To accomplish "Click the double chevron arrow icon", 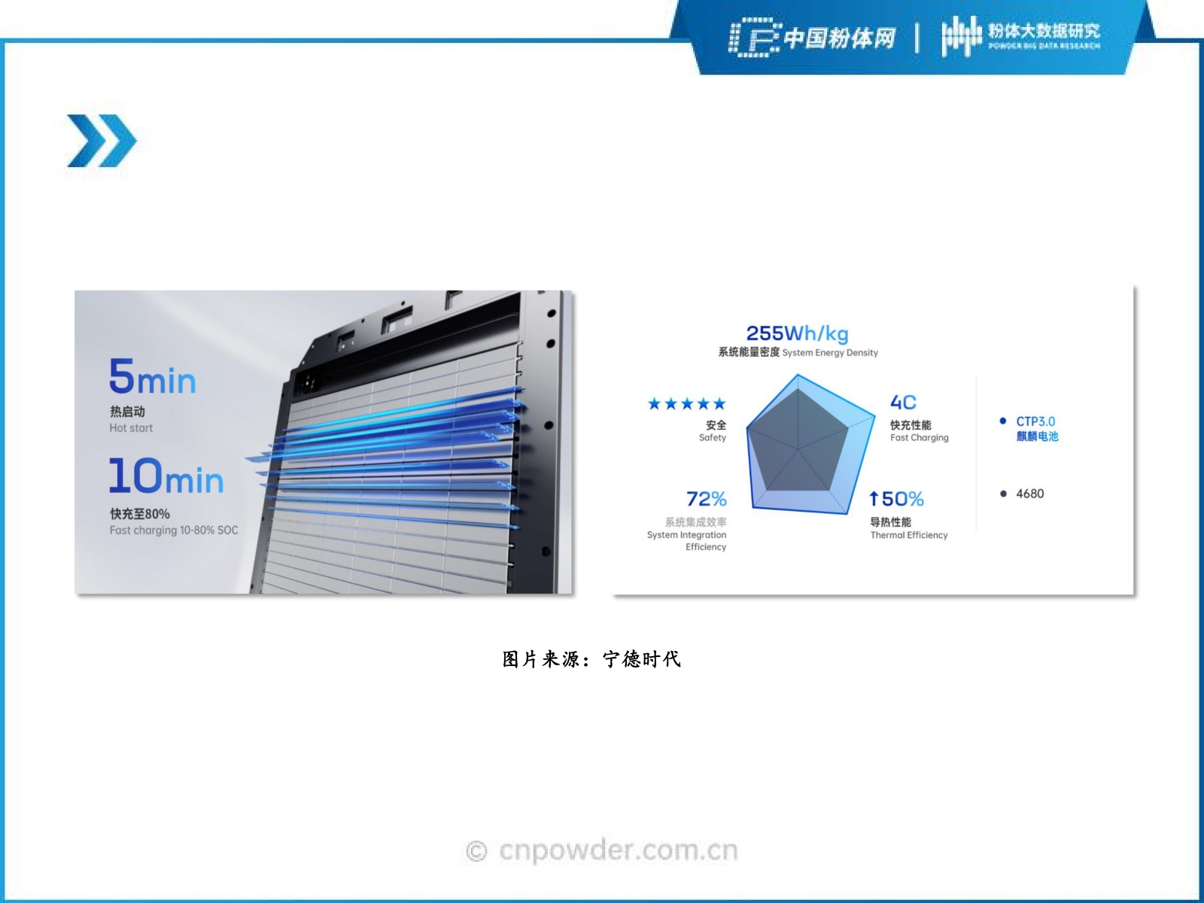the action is (x=102, y=141).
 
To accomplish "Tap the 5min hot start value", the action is (x=152, y=377).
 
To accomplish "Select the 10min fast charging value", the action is (x=166, y=476).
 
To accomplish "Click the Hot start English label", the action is (x=131, y=428).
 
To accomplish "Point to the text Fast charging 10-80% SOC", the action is (x=174, y=531).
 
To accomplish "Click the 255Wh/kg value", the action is (x=797, y=333).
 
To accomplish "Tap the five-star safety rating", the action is (x=687, y=404).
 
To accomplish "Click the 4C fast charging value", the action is (x=903, y=403).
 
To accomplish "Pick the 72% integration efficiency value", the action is (x=707, y=499).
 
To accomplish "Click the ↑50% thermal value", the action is (x=896, y=499).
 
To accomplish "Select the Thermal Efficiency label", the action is (x=909, y=535).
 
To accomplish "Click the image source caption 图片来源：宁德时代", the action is (x=592, y=659).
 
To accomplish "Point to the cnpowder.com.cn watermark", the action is (x=602, y=850).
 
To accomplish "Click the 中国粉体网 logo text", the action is (x=839, y=38).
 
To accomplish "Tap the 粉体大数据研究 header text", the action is (x=1044, y=31).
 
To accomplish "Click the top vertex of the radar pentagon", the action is (x=798, y=375).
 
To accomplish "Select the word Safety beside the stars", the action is (x=713, y=437).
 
